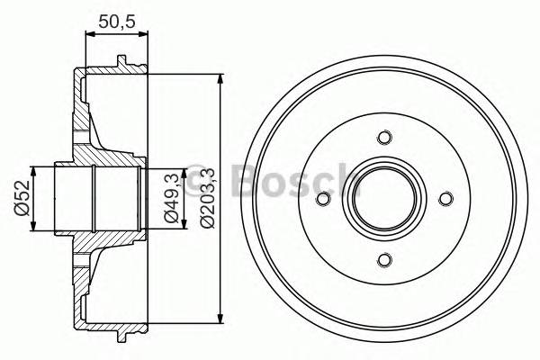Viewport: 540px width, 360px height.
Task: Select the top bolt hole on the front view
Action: tap(385, 138)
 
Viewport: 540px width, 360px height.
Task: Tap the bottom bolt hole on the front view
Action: tap(385, 260)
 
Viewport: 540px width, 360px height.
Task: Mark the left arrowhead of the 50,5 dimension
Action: tap(88, 34)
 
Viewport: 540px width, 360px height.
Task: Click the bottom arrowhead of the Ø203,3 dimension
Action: tap(221, 316)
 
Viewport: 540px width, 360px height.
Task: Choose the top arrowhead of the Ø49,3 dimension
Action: tap(149, 174)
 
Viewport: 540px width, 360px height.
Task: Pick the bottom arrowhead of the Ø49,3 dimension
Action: tap(149, 222)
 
